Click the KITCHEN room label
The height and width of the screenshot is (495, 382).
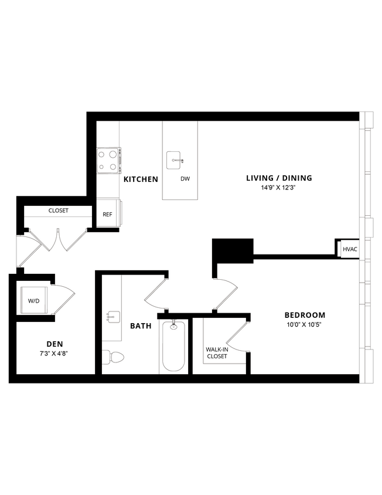(140, 179)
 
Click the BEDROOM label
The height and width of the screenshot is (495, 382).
(305, 315)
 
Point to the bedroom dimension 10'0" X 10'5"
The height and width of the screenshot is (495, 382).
(305, 325)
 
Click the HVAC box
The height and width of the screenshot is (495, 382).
(350, 249)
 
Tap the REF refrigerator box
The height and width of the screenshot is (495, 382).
(107, 215)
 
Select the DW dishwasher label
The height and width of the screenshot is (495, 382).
(185, 179)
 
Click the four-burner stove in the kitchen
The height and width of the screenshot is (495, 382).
(108, 160)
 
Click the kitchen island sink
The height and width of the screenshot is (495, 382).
(175, 159)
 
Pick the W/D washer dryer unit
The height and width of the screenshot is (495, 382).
(34, 301)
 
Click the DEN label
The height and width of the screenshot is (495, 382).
(54, 344)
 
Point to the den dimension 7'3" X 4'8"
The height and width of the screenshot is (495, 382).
(54, 354)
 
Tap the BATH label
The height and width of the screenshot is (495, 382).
(141, 326)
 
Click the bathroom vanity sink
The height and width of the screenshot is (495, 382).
(112, 317)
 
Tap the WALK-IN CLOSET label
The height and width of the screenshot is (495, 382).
(216, 352)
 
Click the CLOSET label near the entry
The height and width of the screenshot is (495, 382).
(58, 211)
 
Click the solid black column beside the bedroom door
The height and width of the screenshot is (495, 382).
(232, 250)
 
